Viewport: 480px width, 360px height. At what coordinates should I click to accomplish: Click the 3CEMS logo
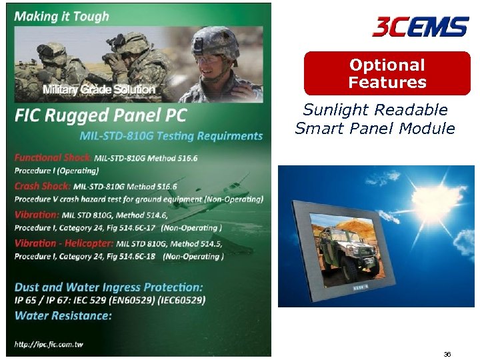(x=420, y=27)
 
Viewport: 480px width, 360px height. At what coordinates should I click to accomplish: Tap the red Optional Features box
(x=387, y=74)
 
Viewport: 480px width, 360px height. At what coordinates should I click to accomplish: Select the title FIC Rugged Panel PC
(x=101, y=115)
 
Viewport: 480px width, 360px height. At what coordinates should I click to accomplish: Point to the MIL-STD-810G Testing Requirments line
(x=171, y=136)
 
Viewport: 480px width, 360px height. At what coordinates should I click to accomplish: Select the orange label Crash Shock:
(x=43, y=186)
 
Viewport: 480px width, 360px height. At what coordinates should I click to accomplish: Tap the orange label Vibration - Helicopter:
(x=65, y=243)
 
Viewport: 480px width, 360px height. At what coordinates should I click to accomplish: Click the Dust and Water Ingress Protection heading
(x=109, y=287)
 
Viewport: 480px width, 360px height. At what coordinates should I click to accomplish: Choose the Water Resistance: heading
(x=63, y=315)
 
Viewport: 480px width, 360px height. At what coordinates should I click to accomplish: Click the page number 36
(x=447, y=354)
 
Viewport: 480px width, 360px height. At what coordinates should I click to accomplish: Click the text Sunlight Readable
(x=375, y=110)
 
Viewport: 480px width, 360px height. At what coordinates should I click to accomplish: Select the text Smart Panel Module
(x=375, y=128)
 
